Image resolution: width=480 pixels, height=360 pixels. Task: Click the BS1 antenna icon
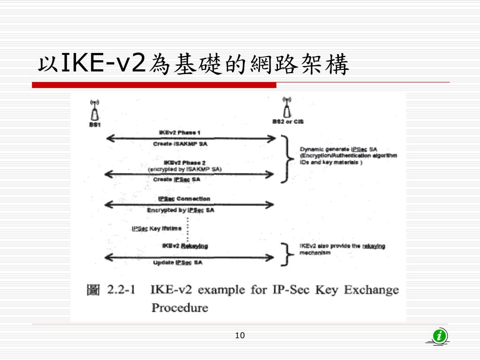tap(95, 111)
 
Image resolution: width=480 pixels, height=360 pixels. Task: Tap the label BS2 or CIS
tap(288, 122)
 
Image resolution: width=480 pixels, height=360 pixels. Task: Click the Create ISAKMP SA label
tap(180, 144)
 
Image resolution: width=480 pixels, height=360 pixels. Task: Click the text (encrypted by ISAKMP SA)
tap(185, 169)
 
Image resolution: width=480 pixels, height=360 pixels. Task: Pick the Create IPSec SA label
tap(177, 180)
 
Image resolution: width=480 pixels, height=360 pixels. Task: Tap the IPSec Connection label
tap(184, 199)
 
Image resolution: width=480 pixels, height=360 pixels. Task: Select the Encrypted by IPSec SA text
tap(180, 210)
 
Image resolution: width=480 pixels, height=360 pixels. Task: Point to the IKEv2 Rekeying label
tap(185, 246)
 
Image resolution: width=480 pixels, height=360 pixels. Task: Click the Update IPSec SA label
tap(178, 263)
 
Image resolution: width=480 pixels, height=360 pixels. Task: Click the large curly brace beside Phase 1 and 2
tap(285, 159)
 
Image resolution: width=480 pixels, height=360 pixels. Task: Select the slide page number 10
tap(240, 335)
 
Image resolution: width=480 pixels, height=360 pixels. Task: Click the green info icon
tap(439, 336)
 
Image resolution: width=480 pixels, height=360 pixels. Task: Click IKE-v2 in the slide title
tap(102, 64)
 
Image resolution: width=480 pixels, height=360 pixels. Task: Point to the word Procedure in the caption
tap(180, 308)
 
